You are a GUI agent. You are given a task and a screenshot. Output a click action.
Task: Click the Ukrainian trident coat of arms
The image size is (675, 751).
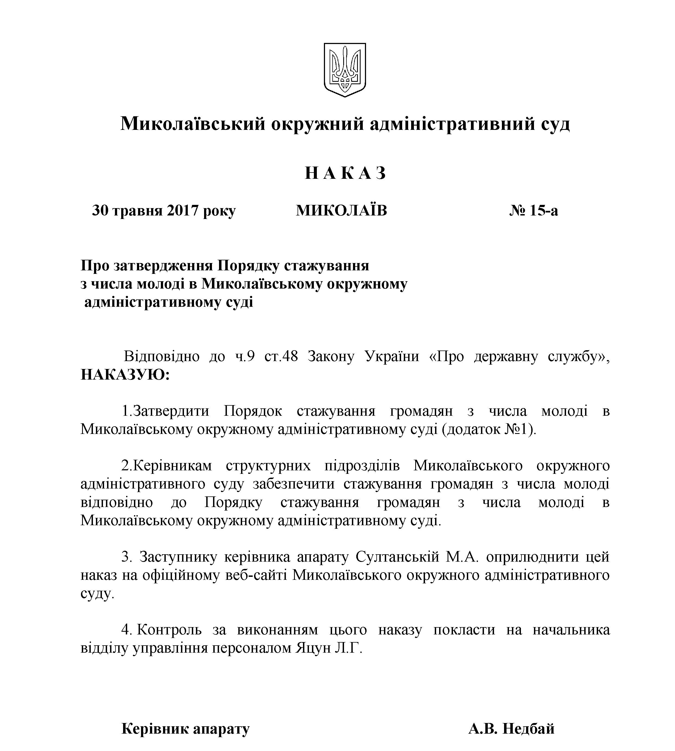click(x=345, y=69)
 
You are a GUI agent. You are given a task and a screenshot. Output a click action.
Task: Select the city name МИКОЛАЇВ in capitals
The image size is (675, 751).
click(x=341, y=211)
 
